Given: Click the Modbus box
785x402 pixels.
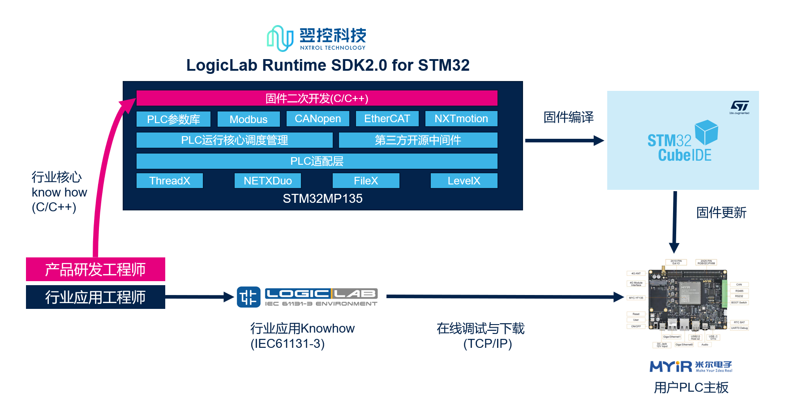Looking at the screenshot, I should [249, 119].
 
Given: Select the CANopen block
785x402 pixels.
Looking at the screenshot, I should [317, 119].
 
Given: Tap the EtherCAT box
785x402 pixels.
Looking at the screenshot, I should [387, 119].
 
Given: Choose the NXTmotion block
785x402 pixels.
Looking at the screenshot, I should [461, 119].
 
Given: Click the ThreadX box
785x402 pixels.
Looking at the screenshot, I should [169, 180].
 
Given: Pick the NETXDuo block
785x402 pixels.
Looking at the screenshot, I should [267, 180].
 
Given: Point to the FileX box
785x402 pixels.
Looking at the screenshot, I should [365, 180].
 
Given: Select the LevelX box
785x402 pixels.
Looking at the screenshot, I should [463, 180].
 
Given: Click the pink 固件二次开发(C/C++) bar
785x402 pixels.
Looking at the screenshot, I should [317, 98].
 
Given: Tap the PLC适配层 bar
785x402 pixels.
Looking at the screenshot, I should [317, 161].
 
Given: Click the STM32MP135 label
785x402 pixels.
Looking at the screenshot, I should [322, 198].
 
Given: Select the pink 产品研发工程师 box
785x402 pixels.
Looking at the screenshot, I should [95, 269].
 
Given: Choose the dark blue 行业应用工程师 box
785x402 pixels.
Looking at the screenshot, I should [95, 297].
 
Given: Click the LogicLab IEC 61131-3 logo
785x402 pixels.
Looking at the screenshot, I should [307, 297].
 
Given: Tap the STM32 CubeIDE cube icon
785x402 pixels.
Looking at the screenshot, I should [706, 132].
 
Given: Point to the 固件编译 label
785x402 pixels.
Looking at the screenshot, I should [568, 117].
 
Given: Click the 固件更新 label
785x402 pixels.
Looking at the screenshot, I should [721, 212].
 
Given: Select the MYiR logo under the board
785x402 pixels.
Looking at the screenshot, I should [691, 367].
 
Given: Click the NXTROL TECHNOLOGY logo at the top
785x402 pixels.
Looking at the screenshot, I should [317, 38].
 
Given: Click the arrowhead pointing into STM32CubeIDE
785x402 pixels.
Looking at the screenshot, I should [599, 141].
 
